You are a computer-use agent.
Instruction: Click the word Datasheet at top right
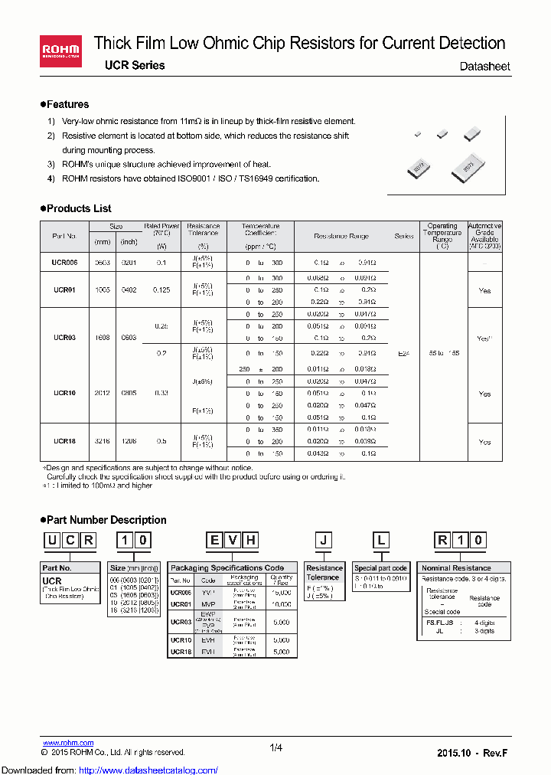coord(484,67)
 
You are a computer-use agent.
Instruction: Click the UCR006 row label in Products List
coord(64,262)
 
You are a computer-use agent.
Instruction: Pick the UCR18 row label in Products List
coord(64,442)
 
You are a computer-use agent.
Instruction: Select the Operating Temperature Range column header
coord(442,236)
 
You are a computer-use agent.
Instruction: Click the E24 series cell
coord(404,354)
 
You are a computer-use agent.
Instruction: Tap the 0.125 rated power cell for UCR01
coord(161,290)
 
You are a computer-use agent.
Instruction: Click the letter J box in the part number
coord(324,541)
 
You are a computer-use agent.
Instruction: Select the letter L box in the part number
coord(380,541)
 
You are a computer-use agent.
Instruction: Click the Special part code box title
coord(380,568)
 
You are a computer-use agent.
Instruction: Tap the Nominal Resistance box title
coord(456,568)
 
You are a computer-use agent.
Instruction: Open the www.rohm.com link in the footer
coord(67,743)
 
